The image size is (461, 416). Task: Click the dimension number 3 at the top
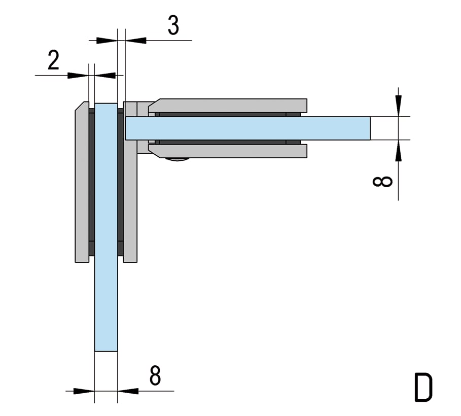tap(173, 25)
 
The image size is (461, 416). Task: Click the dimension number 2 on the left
tap(54, 60)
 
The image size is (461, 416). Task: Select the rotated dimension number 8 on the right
tap(382, 182)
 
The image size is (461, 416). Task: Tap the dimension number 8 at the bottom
tap(155, 375)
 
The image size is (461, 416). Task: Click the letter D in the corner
tap(423, 387)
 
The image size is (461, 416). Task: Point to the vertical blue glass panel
tap(106, 227)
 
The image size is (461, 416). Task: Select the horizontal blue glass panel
tap(248, 128)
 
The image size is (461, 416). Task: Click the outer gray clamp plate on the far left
tap(82, 182)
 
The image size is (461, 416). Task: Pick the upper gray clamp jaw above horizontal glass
tap(228, 106)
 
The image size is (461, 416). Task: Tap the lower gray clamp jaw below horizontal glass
tap(228, 151)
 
